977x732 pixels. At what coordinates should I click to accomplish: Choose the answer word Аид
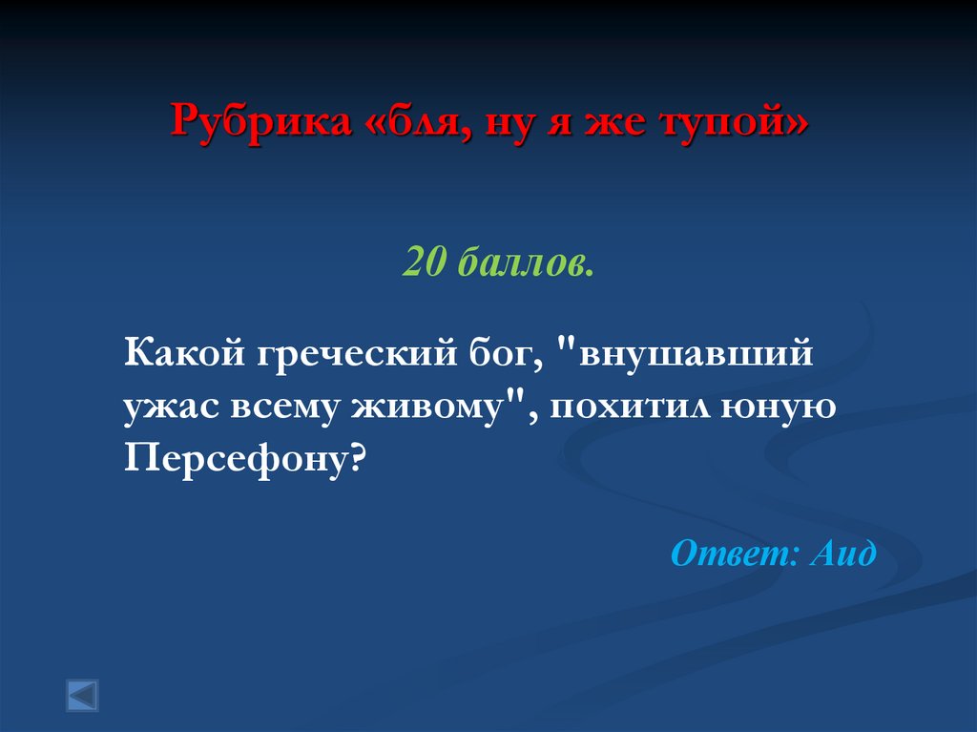[842, 552]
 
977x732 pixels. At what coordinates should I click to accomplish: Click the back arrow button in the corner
[82, 694]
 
